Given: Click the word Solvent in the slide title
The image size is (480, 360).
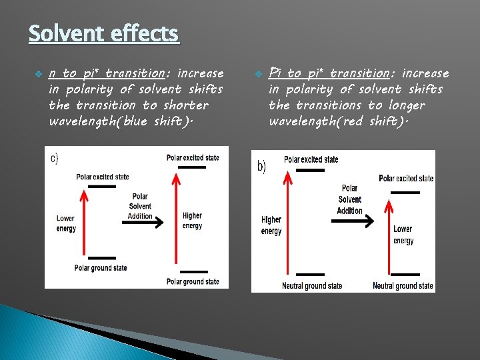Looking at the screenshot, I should click(63, 33).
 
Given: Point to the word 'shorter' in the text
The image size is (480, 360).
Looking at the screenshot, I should click(185, 105).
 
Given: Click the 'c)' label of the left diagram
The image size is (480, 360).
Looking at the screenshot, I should click(55, 158).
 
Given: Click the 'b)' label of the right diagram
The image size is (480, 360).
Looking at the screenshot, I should click(262, 167).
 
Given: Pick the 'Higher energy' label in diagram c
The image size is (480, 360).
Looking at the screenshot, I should click(192, 221).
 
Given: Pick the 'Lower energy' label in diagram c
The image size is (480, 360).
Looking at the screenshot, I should click(65, 223).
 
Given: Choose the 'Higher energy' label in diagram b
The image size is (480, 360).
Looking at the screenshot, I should click(271, 225).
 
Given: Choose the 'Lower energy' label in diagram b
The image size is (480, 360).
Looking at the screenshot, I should click(403, 235).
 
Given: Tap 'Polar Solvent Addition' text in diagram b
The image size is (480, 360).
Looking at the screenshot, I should click(349, 199).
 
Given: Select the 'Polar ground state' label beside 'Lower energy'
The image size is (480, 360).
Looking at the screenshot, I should click(101, 268).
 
